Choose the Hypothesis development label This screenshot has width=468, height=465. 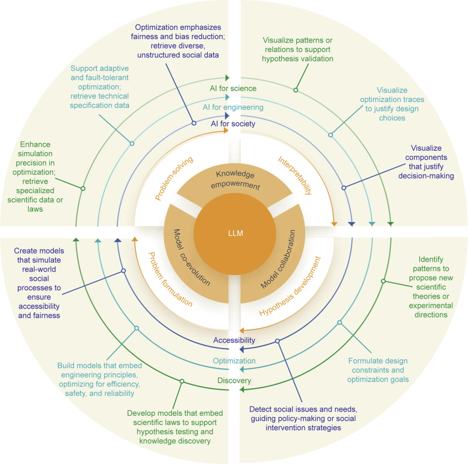click(290, 286)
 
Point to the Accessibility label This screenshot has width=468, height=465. click(234, 340)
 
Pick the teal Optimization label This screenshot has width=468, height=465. click(234, 360)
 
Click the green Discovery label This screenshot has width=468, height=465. click(234, 380)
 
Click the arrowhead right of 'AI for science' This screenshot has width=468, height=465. click(227, 78)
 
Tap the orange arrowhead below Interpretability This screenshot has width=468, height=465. click(334, 223)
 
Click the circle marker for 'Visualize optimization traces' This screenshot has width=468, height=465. click(331, 135)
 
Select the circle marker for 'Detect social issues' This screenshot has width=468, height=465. click(277, 341)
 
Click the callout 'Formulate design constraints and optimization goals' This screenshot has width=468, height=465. click(378, 370)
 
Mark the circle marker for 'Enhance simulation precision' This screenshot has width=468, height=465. click(83, 188)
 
